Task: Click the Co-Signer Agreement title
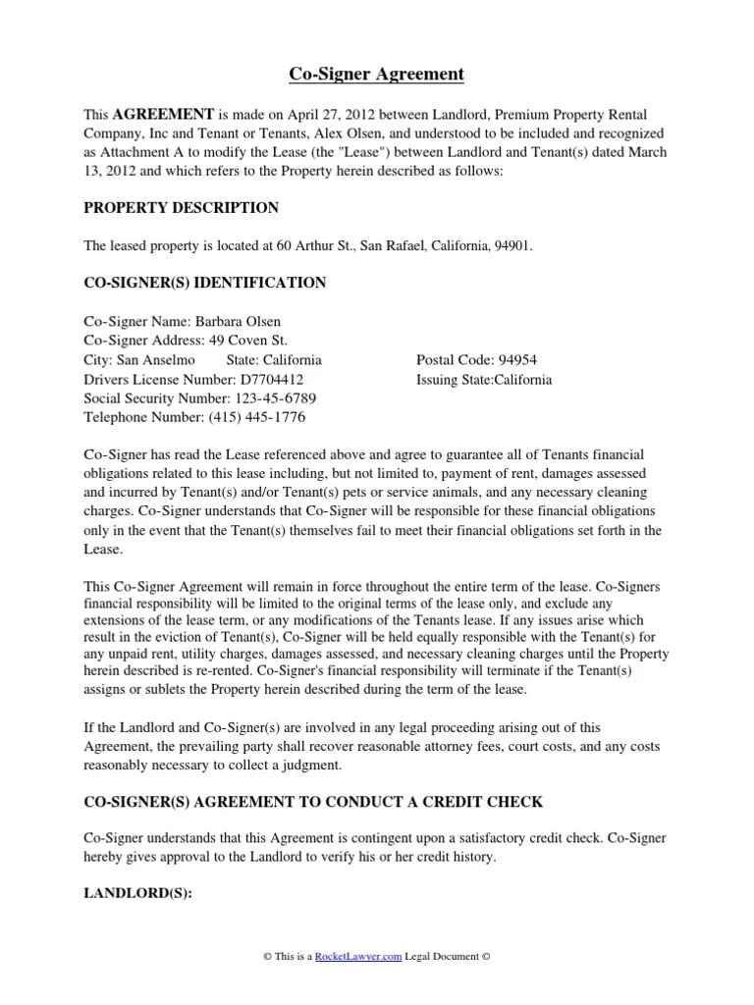[x=377, y=75]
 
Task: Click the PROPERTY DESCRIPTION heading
[x=181, y=208]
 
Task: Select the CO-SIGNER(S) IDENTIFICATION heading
[x=204, y=283]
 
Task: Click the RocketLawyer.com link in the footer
[x=359, y=957]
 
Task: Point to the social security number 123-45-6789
[x=275, y=398]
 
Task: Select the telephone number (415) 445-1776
[x=256, y=417]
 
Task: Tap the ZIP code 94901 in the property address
[x=510, y=246]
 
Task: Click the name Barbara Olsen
[x=238, y=322]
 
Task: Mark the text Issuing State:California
[x=484, y=379]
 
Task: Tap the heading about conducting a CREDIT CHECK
[x=313, y=802]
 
